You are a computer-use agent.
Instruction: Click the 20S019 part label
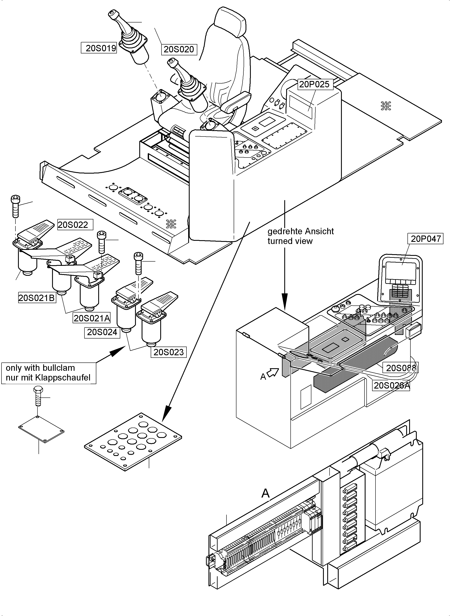(x=99, y=48)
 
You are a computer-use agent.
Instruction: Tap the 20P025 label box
(x=314, y=84)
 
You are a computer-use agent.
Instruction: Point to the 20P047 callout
(x=426, y=239)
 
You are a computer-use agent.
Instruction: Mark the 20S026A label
(x=391, y=386)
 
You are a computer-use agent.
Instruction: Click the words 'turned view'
(x=290, y=241)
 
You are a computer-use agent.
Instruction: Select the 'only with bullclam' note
(x=40, y=368)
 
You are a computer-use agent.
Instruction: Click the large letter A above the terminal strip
(x=265, y=493)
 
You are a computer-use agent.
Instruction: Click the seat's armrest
(x=236, y=102)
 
